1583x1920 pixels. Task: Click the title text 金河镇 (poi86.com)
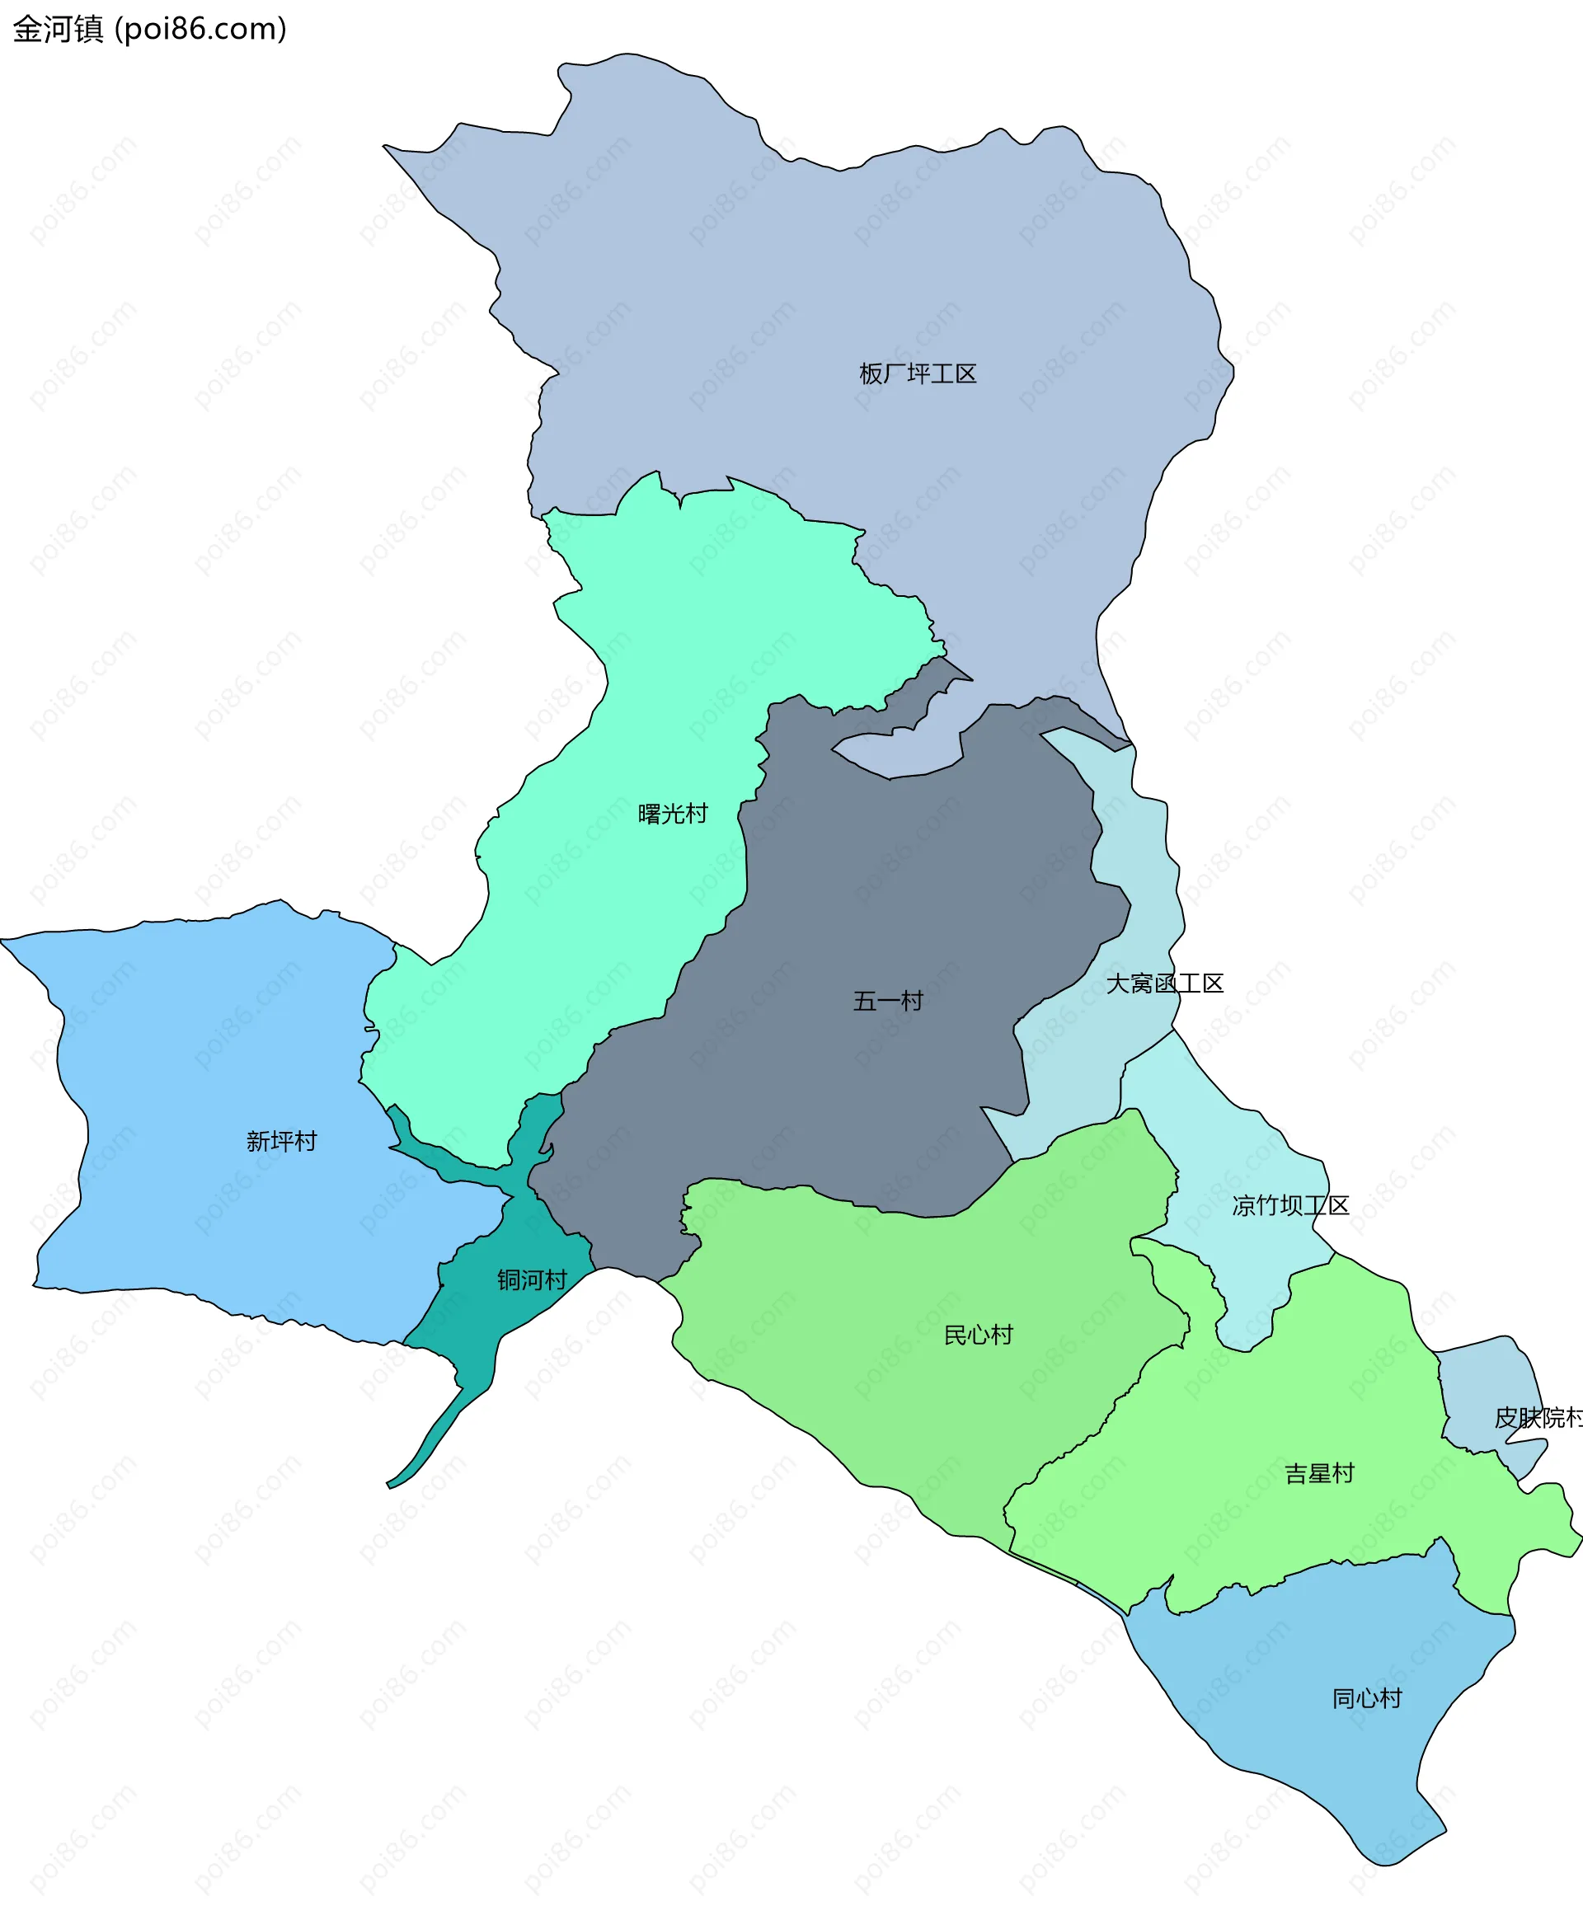click(149, 29)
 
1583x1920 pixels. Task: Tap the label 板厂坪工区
click(918, 373)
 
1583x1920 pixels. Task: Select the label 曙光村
click(673, 813)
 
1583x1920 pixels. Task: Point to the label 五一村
click(887, 1001)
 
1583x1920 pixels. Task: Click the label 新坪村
click(281, 1142)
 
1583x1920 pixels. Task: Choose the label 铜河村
click(532, 1280)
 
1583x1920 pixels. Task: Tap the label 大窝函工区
click(1163, 983)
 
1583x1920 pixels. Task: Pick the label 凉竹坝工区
click(1289, 1206)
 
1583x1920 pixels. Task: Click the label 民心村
click(978, 1336)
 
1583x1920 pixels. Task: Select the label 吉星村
click(1318, 1474)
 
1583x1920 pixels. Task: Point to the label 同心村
click(1366, 1698)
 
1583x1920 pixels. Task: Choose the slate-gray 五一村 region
click(867, 912)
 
